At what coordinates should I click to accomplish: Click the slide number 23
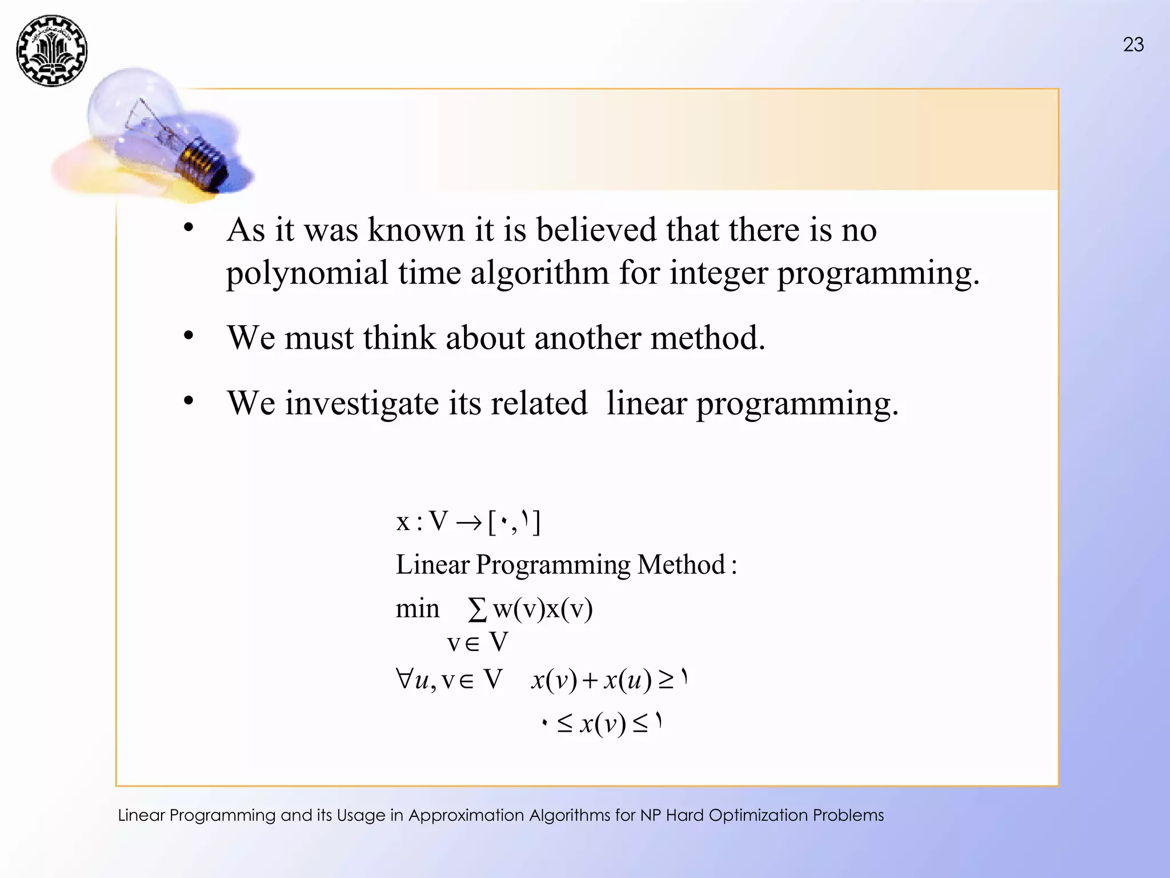(1133, 45)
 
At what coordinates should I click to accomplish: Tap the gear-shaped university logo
(52, 51)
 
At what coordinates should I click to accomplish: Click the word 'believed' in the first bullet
(596, 230)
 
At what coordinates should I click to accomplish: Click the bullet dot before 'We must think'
(189, 336)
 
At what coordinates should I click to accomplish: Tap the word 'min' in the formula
(418, 609)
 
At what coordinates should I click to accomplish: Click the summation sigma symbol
(477, 609)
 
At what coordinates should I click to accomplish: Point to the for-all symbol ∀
(404, 679)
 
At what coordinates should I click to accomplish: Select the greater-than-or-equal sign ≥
(666, 680)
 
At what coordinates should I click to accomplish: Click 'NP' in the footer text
(650, 815)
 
